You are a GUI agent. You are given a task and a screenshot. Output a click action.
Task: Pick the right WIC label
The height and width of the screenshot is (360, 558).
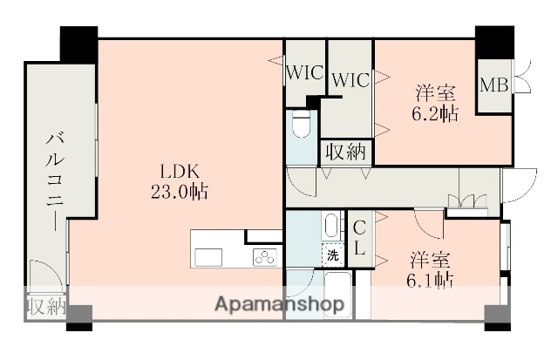coord(350,80)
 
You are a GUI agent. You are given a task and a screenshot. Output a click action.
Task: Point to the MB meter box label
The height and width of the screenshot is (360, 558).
coord(494,85)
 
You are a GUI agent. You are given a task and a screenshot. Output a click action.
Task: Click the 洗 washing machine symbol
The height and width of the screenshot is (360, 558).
coord(333,255)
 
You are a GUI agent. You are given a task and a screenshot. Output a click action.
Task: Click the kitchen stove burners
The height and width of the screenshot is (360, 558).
coord(264,256)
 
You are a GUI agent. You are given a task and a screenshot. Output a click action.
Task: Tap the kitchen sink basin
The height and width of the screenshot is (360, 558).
coord(209,256)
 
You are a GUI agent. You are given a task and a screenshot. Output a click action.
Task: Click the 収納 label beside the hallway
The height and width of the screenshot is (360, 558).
coord(346,152)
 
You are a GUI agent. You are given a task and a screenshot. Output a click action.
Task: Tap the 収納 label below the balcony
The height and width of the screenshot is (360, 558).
coord(45,307)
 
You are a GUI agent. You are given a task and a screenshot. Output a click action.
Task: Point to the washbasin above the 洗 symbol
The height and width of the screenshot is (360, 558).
coord(331,227)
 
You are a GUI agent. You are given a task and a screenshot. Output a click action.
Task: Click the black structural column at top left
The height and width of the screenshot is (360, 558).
coord(78,42)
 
